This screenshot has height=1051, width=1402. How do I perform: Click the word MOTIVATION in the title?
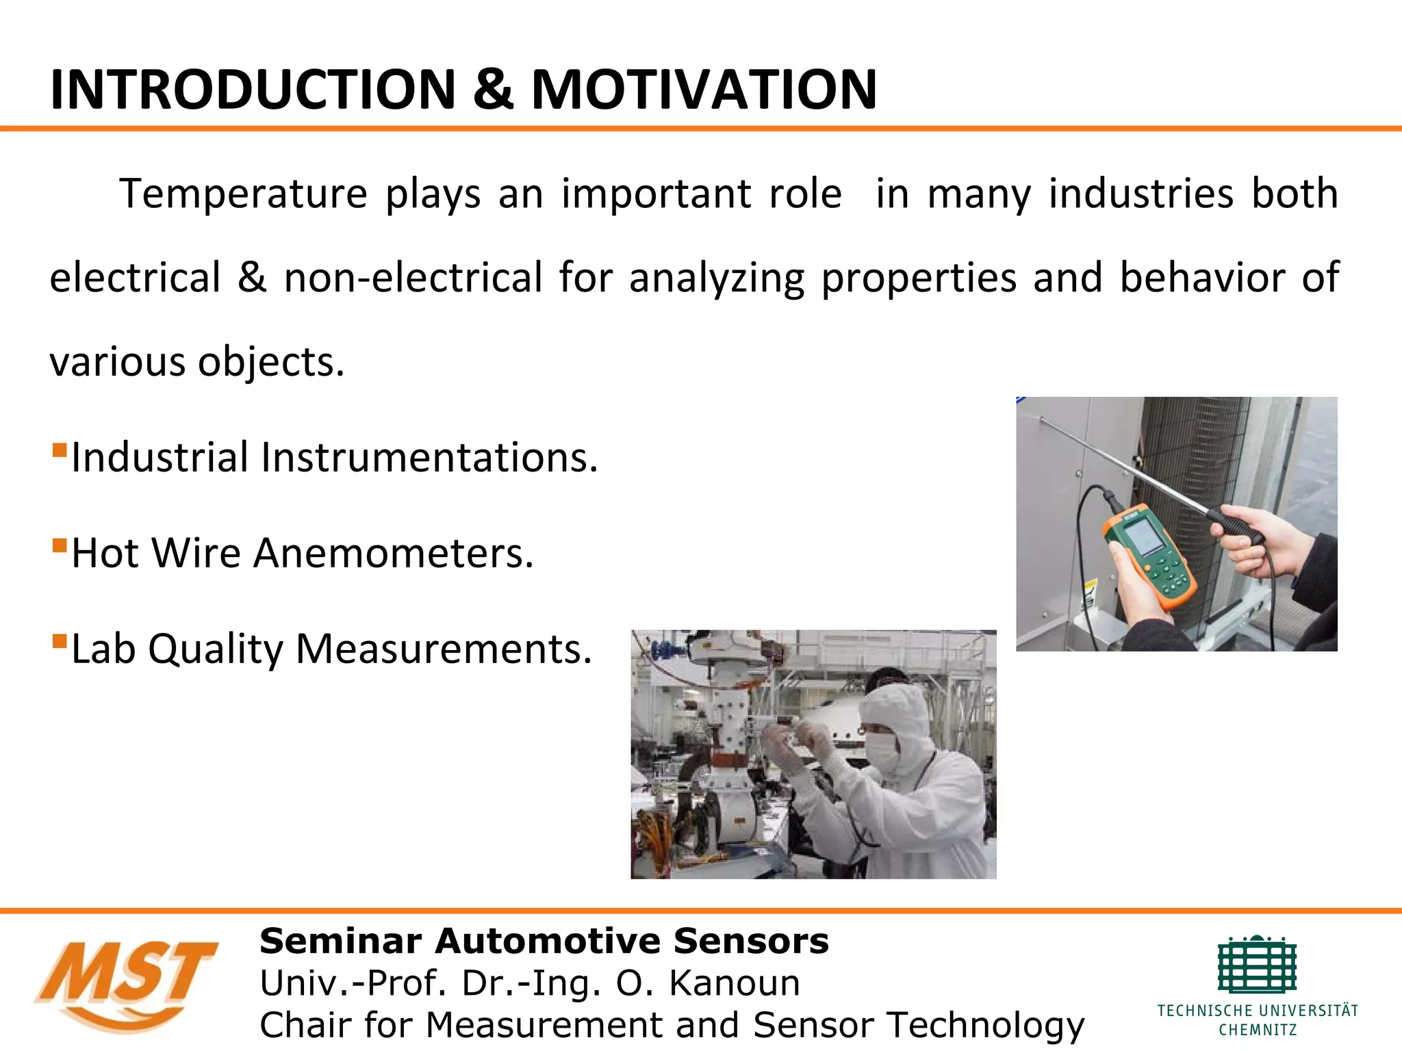(x=704, y=90)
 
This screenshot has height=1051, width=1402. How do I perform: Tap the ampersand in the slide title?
(x=493, y=90)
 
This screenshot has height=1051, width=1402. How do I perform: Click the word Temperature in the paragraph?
(x=244, y=194)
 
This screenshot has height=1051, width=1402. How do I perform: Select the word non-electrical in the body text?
(x=413, y=278)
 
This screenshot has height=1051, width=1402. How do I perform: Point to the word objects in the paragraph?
(x=271, y=362)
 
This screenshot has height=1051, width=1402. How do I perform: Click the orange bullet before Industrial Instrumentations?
(x=60, y=450)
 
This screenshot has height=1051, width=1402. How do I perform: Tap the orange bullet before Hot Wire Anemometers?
(x=60, y=546)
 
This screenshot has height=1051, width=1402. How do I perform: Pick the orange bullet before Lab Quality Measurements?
(x=60, y=642)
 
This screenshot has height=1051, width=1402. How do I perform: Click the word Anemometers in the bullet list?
(x=393, y=553)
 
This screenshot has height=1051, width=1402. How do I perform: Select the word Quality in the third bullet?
(x=215, y=649)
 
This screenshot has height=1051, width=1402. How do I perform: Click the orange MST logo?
(x=127, y=984)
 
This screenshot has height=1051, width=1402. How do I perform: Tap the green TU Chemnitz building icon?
(x=1257, y=965)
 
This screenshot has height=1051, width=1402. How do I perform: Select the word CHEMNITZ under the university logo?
(x=1258, y=1030)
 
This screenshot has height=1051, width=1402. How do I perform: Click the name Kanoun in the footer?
(x=734, y=983)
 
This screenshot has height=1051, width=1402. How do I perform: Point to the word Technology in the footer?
(x=986, y=1025)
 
